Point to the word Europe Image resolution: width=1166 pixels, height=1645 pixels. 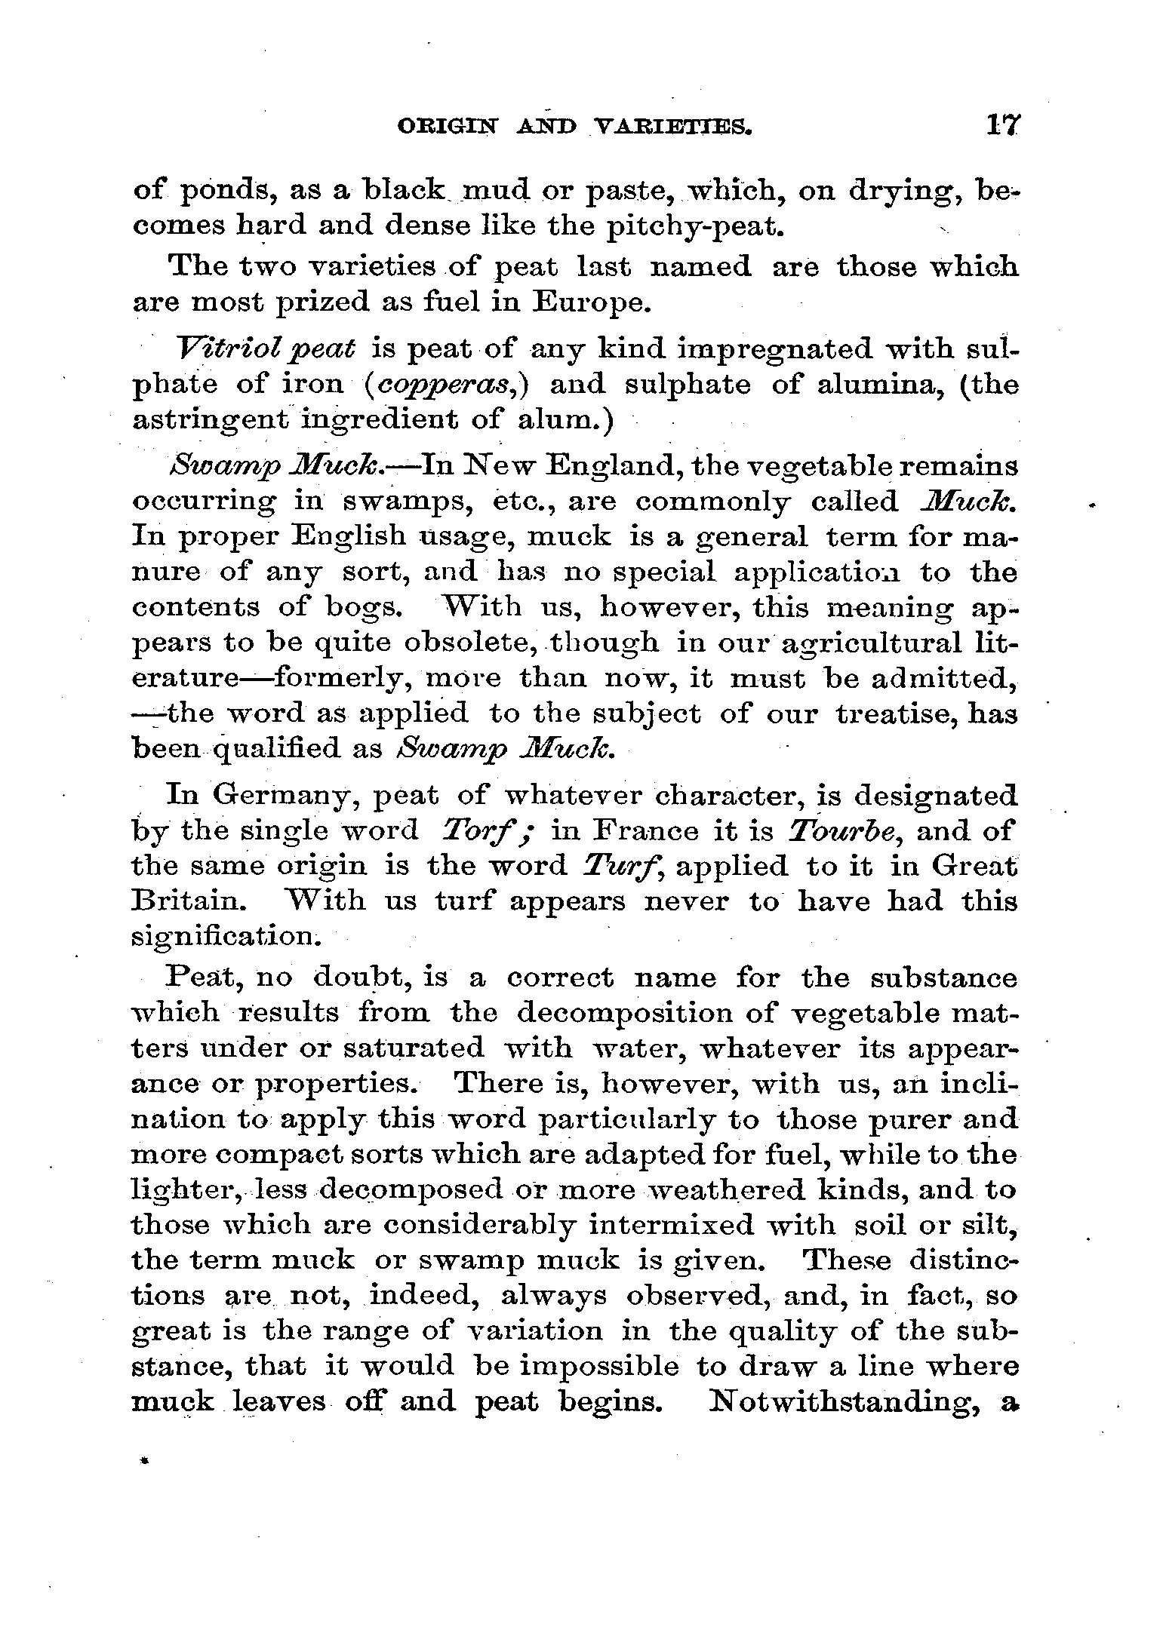pyautogui.click(x=589, y=302)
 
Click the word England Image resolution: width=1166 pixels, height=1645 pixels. pyautogui.click(x=615, y=465)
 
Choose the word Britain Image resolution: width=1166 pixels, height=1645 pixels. pyautogui.click(x=197, y=901)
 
